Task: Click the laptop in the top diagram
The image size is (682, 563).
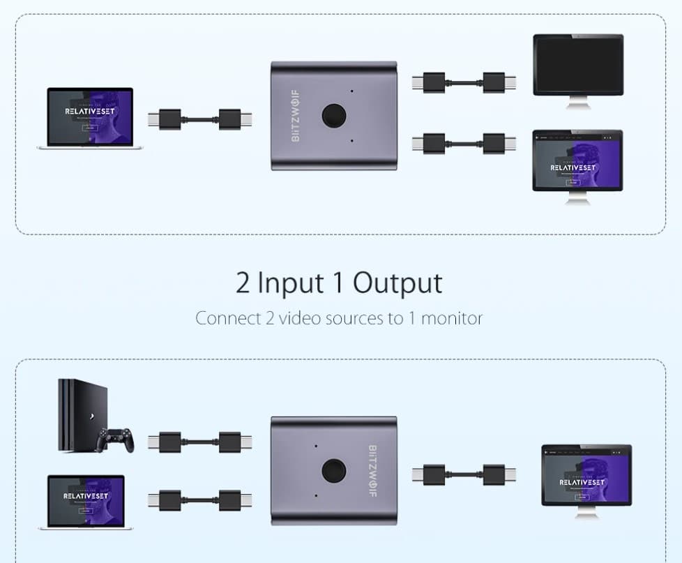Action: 90,117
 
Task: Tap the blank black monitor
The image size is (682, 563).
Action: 577,64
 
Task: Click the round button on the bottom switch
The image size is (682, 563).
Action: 335,472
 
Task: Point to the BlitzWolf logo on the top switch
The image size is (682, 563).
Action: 295,116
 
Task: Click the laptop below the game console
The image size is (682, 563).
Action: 86,501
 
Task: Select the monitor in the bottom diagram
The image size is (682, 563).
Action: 586,476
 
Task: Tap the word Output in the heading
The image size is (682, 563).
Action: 397,283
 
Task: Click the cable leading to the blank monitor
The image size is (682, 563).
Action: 463,82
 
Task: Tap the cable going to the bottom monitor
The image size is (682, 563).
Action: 463,474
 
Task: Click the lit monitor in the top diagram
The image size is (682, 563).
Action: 577,162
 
